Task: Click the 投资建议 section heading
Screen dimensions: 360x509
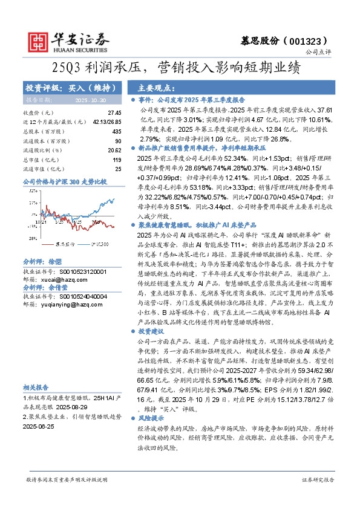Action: (x=152, y=331)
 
